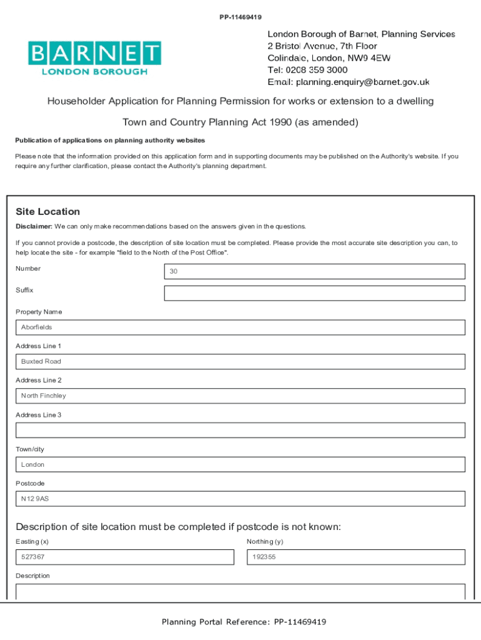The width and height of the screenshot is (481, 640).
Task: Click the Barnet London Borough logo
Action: (94, 58)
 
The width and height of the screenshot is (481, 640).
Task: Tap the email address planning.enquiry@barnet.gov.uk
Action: (362, 82)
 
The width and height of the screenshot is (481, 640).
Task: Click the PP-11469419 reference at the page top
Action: (240, 17)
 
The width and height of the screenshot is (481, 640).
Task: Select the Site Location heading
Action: (47, 212)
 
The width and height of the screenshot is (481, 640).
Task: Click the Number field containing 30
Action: (314, 271)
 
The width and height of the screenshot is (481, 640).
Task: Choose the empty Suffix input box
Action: (314, 293)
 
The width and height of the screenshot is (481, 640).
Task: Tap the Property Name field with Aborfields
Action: (240, 327)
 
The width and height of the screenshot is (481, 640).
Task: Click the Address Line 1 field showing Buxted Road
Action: (240, 362)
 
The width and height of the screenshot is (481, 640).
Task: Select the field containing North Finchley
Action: (240, 396)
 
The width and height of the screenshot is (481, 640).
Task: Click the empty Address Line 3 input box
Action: (240, 430)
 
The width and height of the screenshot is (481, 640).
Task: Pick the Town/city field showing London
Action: (240, 464)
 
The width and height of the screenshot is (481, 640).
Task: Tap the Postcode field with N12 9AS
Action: (240, 499)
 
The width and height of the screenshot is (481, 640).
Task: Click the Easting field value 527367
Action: (124, 557)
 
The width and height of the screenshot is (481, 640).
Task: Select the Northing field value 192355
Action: (355, 557)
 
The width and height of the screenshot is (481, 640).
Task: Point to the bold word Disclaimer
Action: (34, 226)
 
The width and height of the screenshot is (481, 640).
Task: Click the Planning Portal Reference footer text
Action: (244, 622)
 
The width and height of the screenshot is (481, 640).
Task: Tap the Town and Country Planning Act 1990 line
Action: (240, 122)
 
